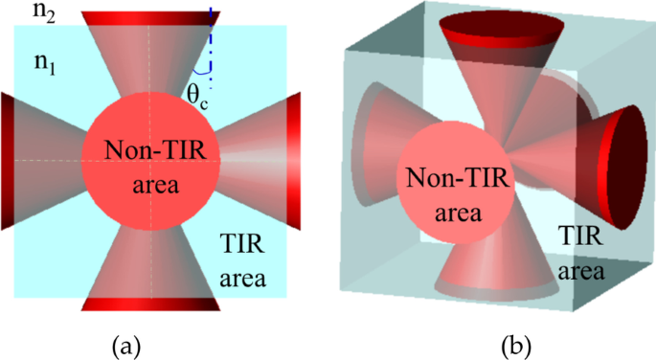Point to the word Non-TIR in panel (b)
(x=449, y=179)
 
